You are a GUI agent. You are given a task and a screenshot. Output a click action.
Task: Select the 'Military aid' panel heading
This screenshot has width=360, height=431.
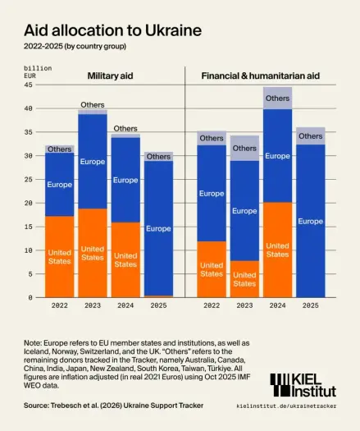click(112, 76)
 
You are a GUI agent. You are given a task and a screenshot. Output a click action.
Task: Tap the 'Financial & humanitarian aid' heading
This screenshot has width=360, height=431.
click(260, 76)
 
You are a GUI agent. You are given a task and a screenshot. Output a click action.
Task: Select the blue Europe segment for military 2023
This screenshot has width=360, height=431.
click(93, 161)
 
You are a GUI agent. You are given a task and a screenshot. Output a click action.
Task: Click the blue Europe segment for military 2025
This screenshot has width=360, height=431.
click(158, 227)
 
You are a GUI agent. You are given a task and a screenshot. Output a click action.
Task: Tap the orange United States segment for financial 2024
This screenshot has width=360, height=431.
click(277, 250)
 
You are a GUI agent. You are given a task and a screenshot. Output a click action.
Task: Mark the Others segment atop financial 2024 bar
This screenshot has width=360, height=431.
click(277, 98)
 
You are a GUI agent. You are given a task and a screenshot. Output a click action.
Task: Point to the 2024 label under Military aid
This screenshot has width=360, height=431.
click(125, 305)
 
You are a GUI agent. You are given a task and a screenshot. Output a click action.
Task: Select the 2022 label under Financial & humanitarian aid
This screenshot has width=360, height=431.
click(212, 305)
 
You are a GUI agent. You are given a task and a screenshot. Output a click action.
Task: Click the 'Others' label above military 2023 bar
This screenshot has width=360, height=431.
click(93, 105)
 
